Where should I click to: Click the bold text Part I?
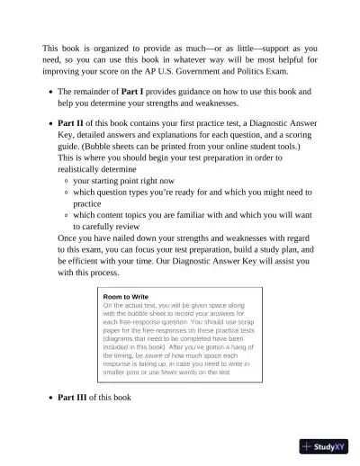124,92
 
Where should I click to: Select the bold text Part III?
73,397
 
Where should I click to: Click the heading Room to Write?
126,297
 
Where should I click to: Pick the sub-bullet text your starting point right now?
123,180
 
